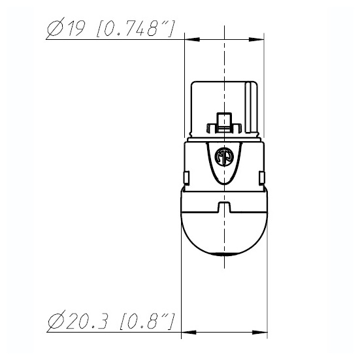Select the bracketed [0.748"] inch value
136,29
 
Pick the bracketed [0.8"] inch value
147,321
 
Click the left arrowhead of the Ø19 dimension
192,39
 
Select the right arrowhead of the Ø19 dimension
256,39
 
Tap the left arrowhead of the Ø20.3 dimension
189,332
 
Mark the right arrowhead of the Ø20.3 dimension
260,332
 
